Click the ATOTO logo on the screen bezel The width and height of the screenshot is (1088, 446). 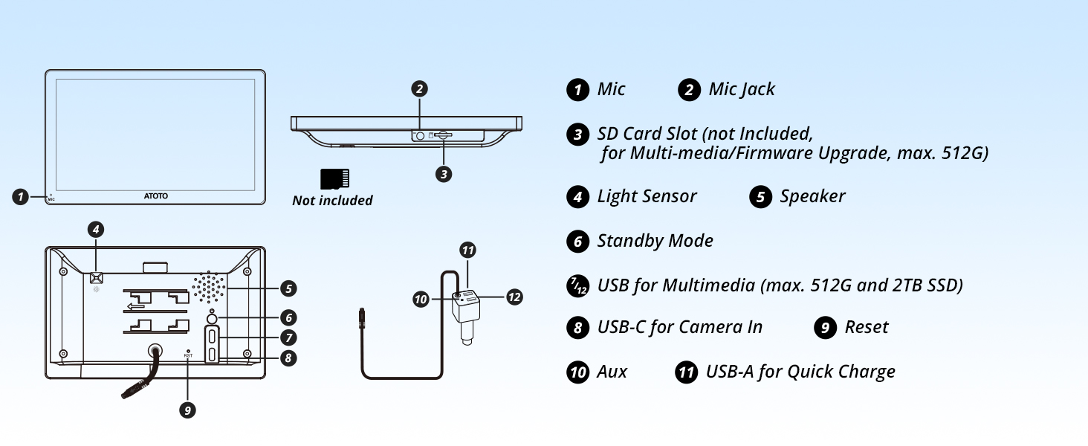pyautogui.click(x=155, y=196)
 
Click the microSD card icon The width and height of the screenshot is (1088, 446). pyautogui.click(x=334, y=179)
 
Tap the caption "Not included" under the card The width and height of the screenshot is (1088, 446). pyautogui.click(x=332, y=201)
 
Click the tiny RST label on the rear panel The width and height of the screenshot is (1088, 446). pyautogui.click(x=188, y=356)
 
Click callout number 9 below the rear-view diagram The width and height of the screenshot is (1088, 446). pyautogui.click(x=188, y=410)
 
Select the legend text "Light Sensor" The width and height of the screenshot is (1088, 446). pyautogui.click(x=647, y=196)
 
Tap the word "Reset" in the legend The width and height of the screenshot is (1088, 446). pyautogui.click(x=866, y=327)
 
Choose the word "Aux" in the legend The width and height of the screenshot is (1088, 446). pyautogui.click(x=612, y=372)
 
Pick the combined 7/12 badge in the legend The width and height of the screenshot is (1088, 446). pyautogui.click(x=577, y=286)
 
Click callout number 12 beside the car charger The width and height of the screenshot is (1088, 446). pyautogui.click(x=514, y=297)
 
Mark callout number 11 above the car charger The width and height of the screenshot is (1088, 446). pyautogui.click(x=467, y=250)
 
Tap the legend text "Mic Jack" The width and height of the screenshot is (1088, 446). pyautogui.click(x=741, y=90)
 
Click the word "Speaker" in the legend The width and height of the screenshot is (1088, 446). pyautogui.click(x=812, y=196)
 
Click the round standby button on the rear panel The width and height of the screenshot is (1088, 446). pyautogui.click(x=213, y=320)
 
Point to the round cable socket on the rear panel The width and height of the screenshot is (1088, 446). pyautogui.click(x=156, y=352)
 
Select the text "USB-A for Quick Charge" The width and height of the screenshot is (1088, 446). pyautogui.click(x=800, y=372)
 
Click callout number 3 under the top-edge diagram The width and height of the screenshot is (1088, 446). pyautogui.click(x=443, y=174)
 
